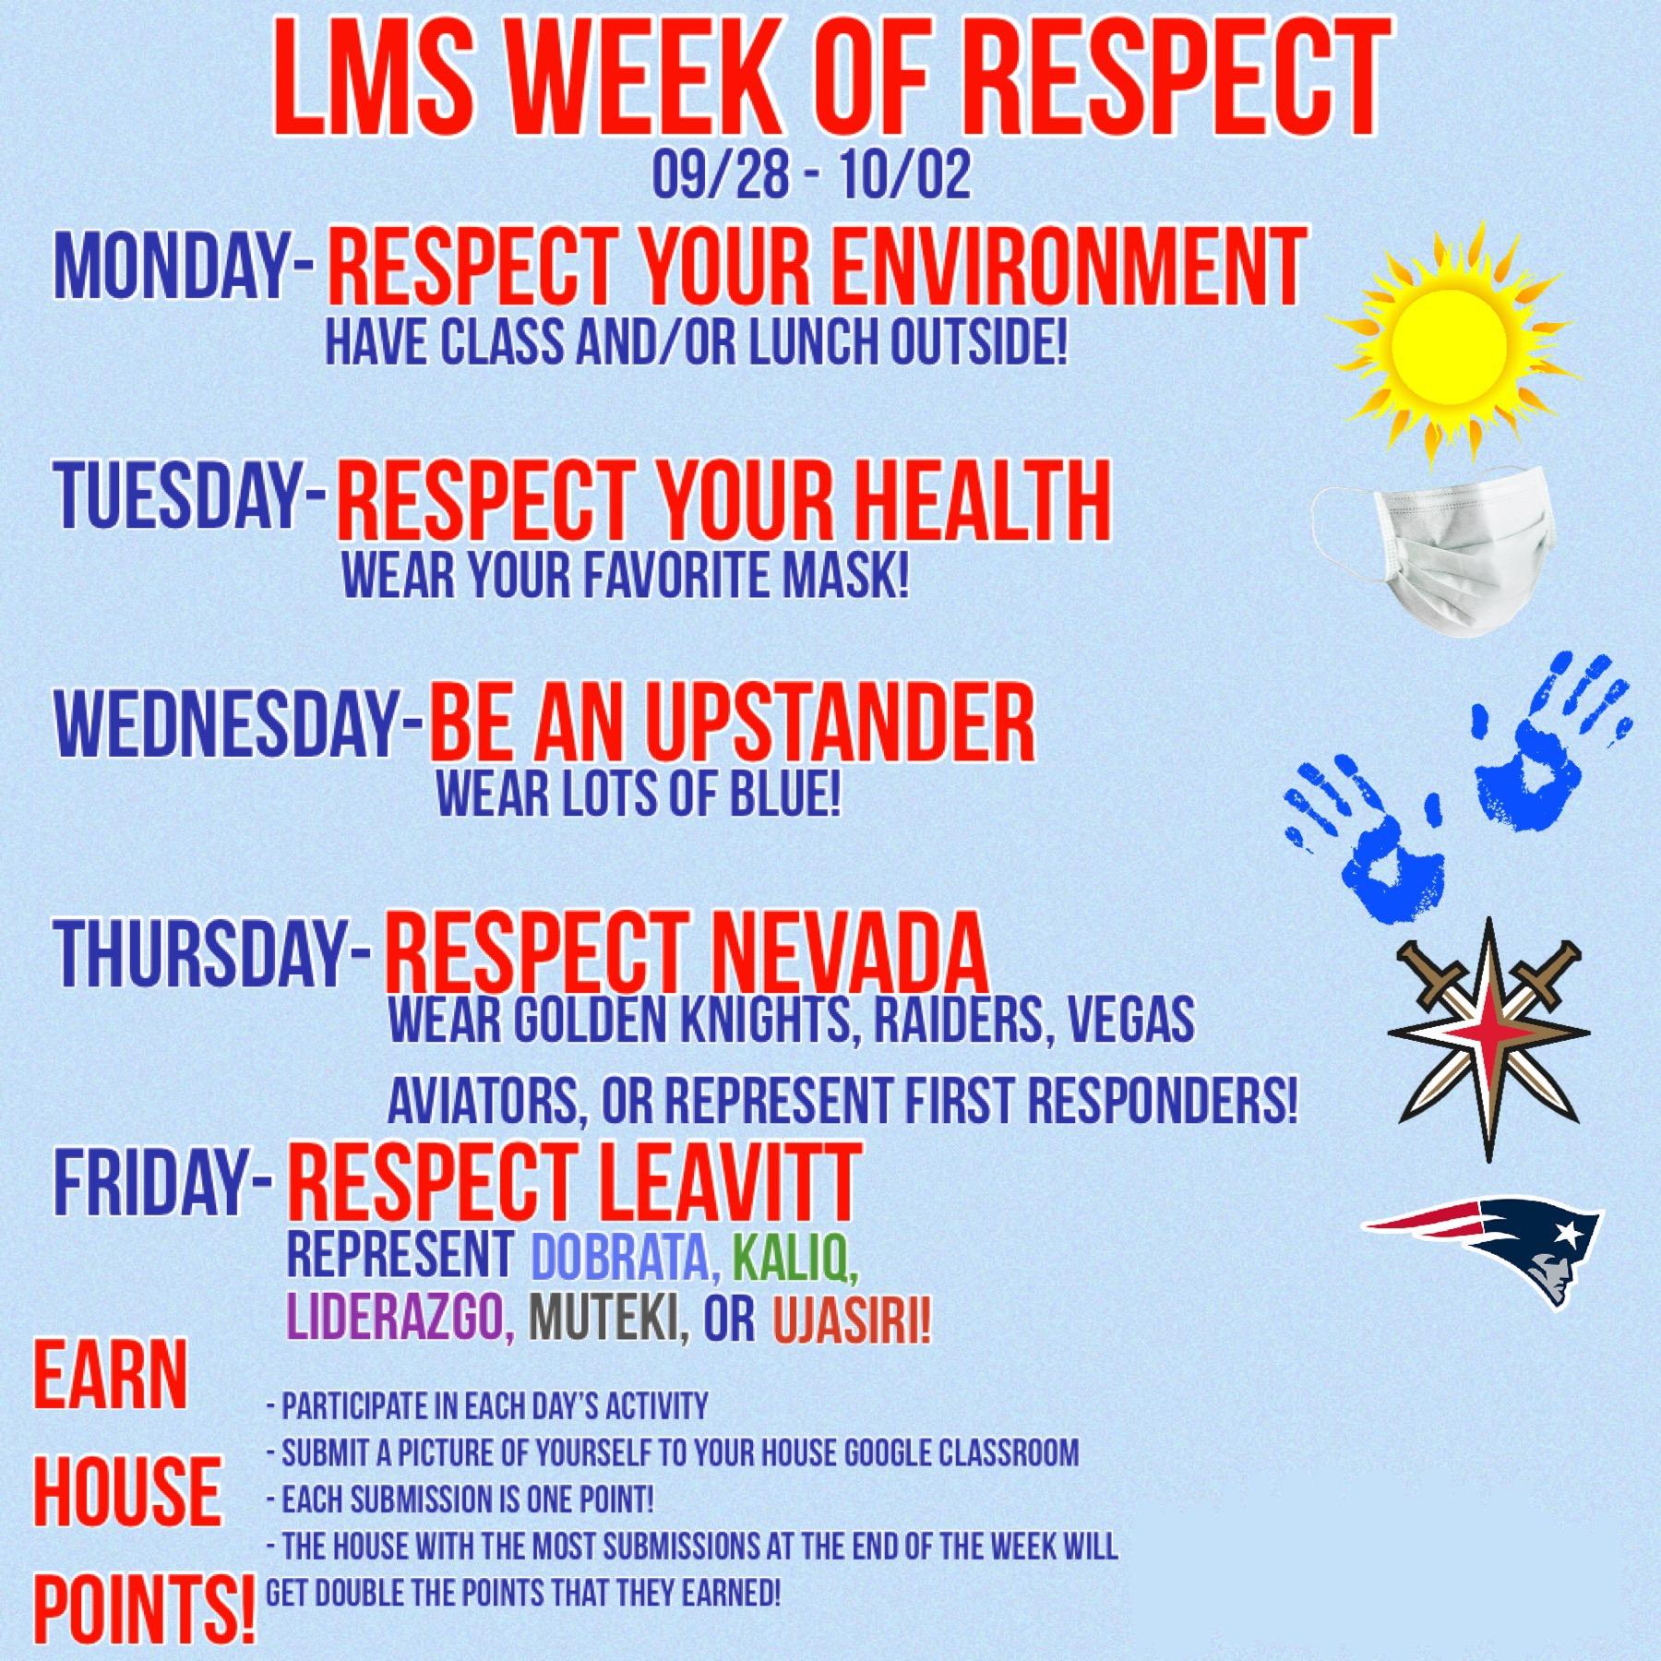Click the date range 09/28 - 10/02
[x=811, y=177]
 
